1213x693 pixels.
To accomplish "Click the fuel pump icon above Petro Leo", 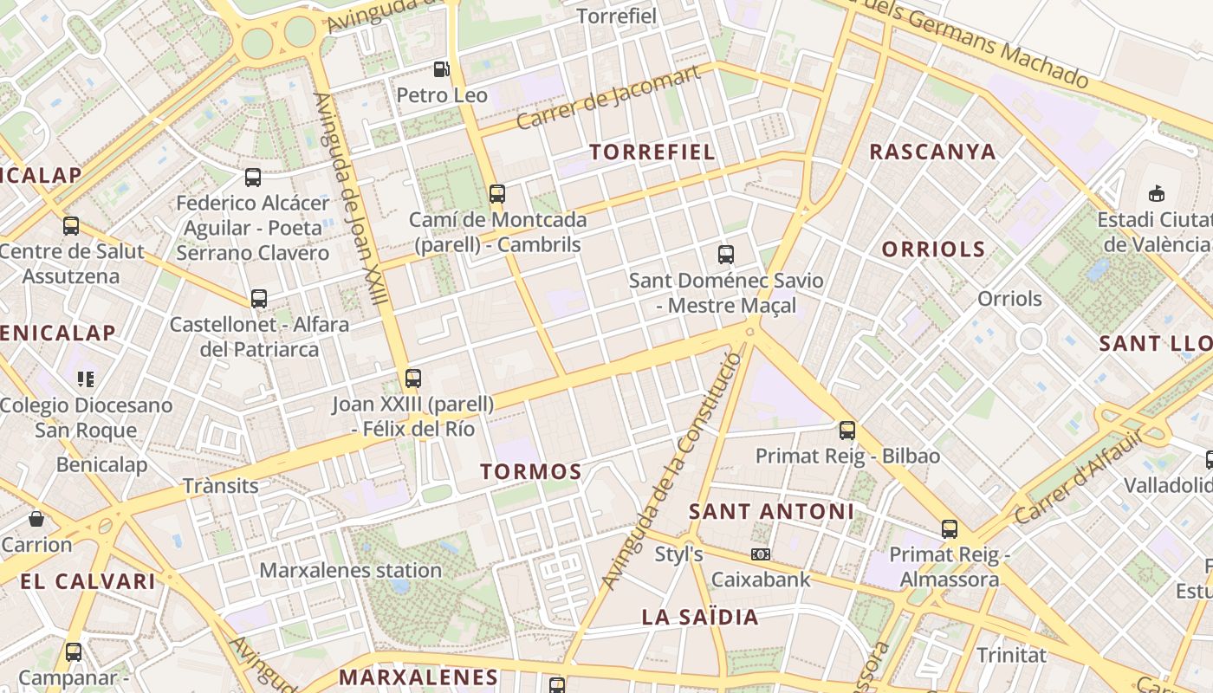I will (x=442, y=68).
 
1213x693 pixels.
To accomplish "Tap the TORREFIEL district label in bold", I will (x=652, y=152).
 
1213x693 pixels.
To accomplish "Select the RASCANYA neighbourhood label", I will (x=932, y=152).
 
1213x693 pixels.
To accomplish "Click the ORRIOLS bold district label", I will (x=933, y=249).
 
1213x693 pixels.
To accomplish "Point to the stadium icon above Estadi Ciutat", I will (x=1156, y=192).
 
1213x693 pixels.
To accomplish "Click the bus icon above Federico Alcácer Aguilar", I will (x=253, y=178).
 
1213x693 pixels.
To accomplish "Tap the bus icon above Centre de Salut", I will (x=71, y=226).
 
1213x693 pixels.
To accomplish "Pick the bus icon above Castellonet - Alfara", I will (x=259, y=299).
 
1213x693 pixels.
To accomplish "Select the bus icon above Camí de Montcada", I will (x=497, y=194).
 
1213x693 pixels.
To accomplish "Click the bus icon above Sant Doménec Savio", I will (x=726, y=255).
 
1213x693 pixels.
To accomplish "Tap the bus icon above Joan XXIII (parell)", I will (x=413, y=379).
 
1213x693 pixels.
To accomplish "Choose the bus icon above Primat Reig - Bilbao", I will (x=847, y=431).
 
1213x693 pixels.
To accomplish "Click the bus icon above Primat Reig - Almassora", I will (x=950, y=529).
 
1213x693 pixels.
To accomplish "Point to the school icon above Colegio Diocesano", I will (x=86, y=379).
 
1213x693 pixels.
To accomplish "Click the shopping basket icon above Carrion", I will (x=36, y=519).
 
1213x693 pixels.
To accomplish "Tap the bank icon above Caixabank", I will (x=761, y=554).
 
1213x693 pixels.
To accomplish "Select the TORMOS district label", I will (x=531, y=472).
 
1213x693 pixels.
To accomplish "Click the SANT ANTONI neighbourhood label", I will (x=771, y=512).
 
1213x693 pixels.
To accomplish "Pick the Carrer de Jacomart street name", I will (x=607, y=98).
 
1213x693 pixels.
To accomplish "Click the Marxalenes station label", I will (x=351, y=571).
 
